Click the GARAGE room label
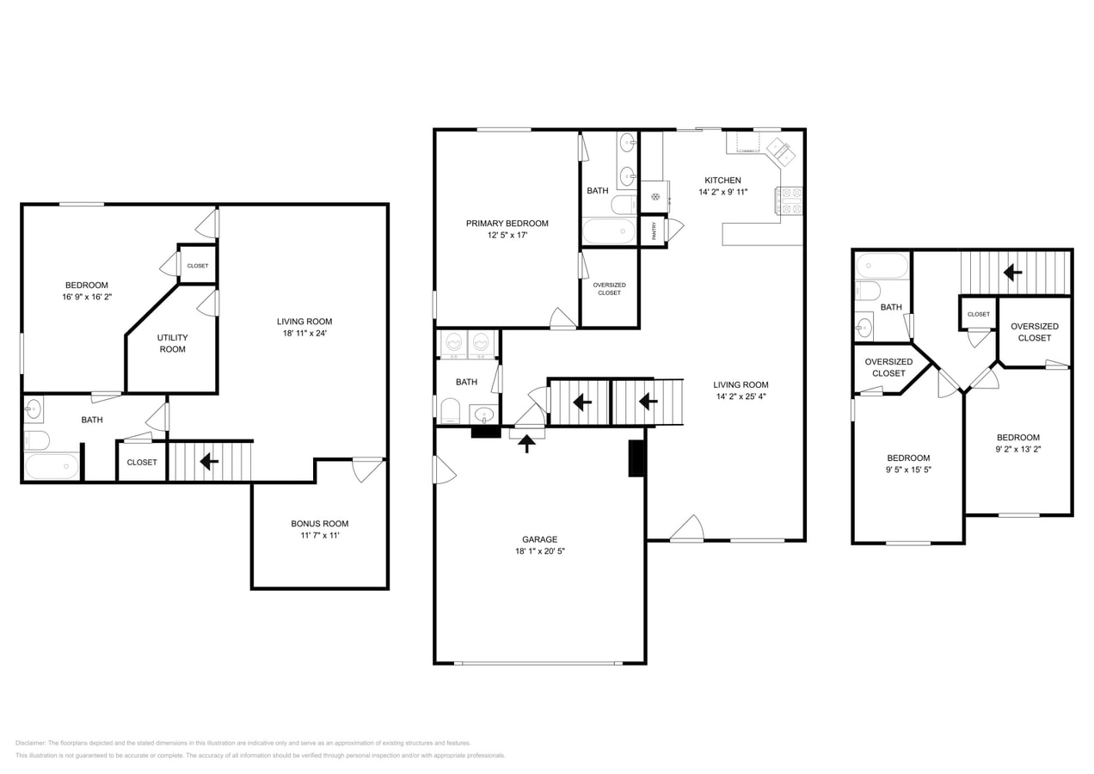pos(539,539)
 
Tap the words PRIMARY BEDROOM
pos(507,224)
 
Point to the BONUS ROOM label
pos(319,524)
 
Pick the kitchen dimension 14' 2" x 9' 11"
pos(722,193)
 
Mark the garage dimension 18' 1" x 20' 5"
pos(539,551)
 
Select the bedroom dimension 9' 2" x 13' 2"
pos(1018,449)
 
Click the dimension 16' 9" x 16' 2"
pos(87,297)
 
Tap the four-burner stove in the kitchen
pos(790,201)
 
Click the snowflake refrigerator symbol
pos(655,197)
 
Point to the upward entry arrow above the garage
pos(526,443)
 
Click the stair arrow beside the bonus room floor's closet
pos(208,462)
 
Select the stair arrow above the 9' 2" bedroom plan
pos(1012,273)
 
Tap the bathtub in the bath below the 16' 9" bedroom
pos(52,467)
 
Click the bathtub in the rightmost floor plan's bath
pos(882,265)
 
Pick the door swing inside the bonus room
pos(366,470)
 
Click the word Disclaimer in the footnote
pos(30,743)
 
